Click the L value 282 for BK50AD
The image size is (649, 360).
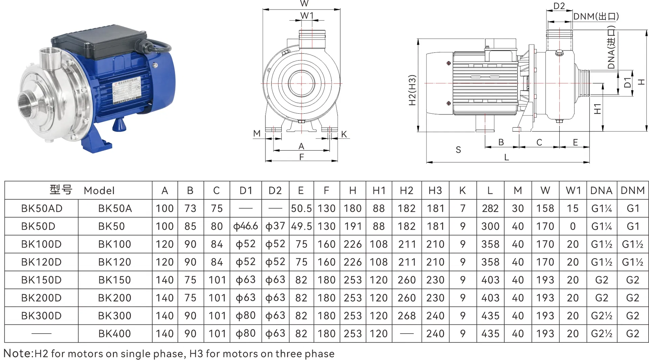click(490, 208)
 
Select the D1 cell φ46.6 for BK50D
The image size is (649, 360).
click(246, 226)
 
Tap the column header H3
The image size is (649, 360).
click(435, 190)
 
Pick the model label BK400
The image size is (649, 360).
click(114, 334)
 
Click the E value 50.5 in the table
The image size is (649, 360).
click(301, 208)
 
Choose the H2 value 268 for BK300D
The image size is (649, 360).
click(407, 316)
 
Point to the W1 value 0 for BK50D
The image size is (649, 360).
click(573, 226)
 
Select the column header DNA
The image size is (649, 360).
click(601, 190)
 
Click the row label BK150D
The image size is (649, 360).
click(41, 280)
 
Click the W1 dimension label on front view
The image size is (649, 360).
click(307, 15)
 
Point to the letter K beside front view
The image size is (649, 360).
click(344, 134)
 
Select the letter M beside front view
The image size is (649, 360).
click(257, 134)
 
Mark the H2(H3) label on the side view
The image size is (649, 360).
click(412, 90)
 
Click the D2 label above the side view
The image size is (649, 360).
click(559, 6)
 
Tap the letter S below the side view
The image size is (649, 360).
click(458, 150)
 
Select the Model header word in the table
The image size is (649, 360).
click(99, 190)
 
